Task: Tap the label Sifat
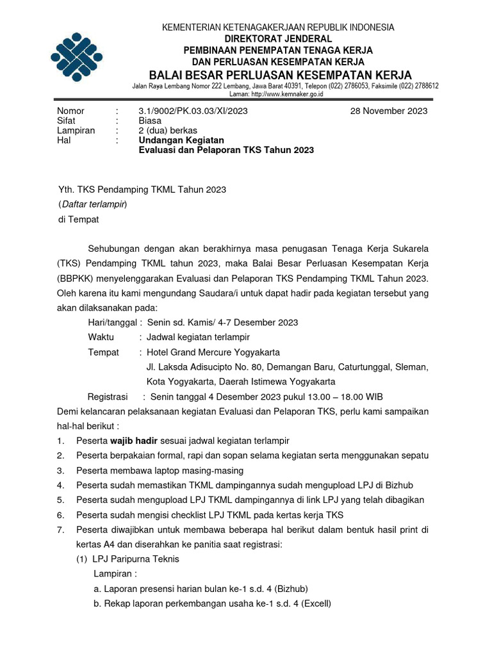tap(67, 120)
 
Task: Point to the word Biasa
tap(150, 120)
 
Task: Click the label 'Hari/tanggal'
tap(111, 322)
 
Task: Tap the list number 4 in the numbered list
tap(60, 485)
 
